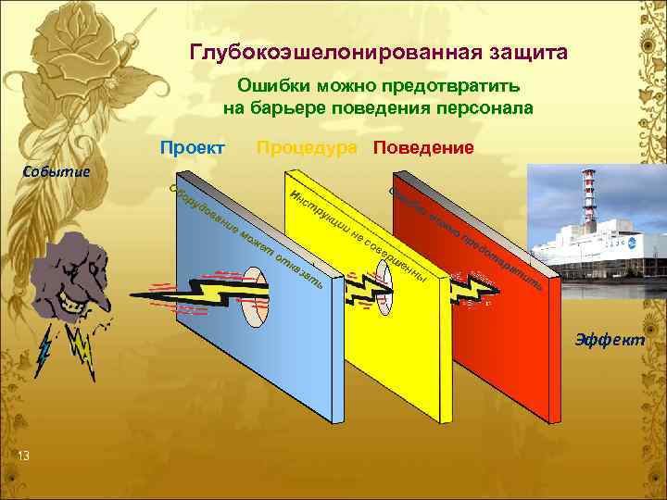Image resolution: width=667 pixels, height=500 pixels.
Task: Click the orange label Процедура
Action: click(307, 148)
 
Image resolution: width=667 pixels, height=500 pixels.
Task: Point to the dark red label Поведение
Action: click(423, 148)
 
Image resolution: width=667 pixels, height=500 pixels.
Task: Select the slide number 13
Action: click(23, 455)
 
